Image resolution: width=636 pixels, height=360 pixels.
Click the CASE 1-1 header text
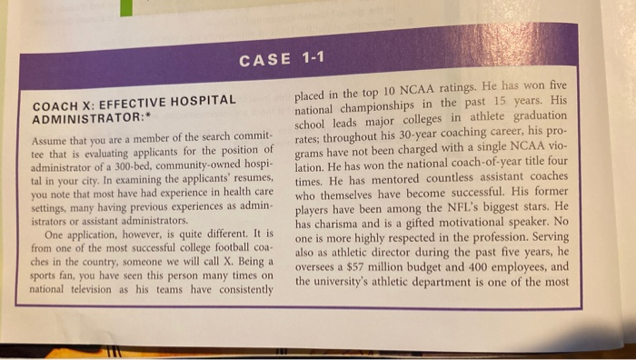282,61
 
